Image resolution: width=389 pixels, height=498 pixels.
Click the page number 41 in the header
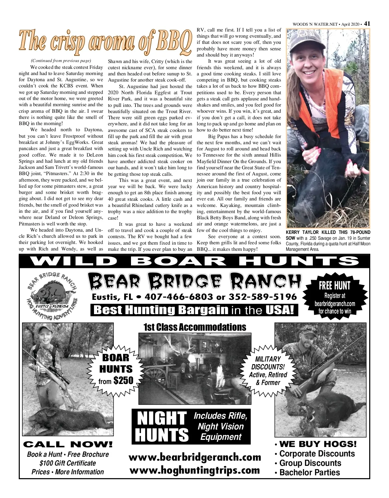click(367, 23)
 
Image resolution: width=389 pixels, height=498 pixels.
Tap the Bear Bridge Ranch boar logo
click(52, 295)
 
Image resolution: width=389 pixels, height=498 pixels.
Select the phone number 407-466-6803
click(179, 297)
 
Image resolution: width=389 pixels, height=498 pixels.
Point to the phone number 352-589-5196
click(263, 297)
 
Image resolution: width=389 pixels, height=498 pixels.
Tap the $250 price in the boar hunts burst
click(123, 380)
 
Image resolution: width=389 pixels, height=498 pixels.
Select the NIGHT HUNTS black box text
click(161, 426)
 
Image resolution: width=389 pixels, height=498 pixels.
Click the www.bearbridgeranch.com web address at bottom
click(194, 457)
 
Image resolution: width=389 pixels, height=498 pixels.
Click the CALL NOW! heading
click(68, 444)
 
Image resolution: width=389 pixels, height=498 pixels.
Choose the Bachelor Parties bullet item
click(310, 472)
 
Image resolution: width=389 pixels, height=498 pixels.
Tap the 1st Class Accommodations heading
click(194, 327)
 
